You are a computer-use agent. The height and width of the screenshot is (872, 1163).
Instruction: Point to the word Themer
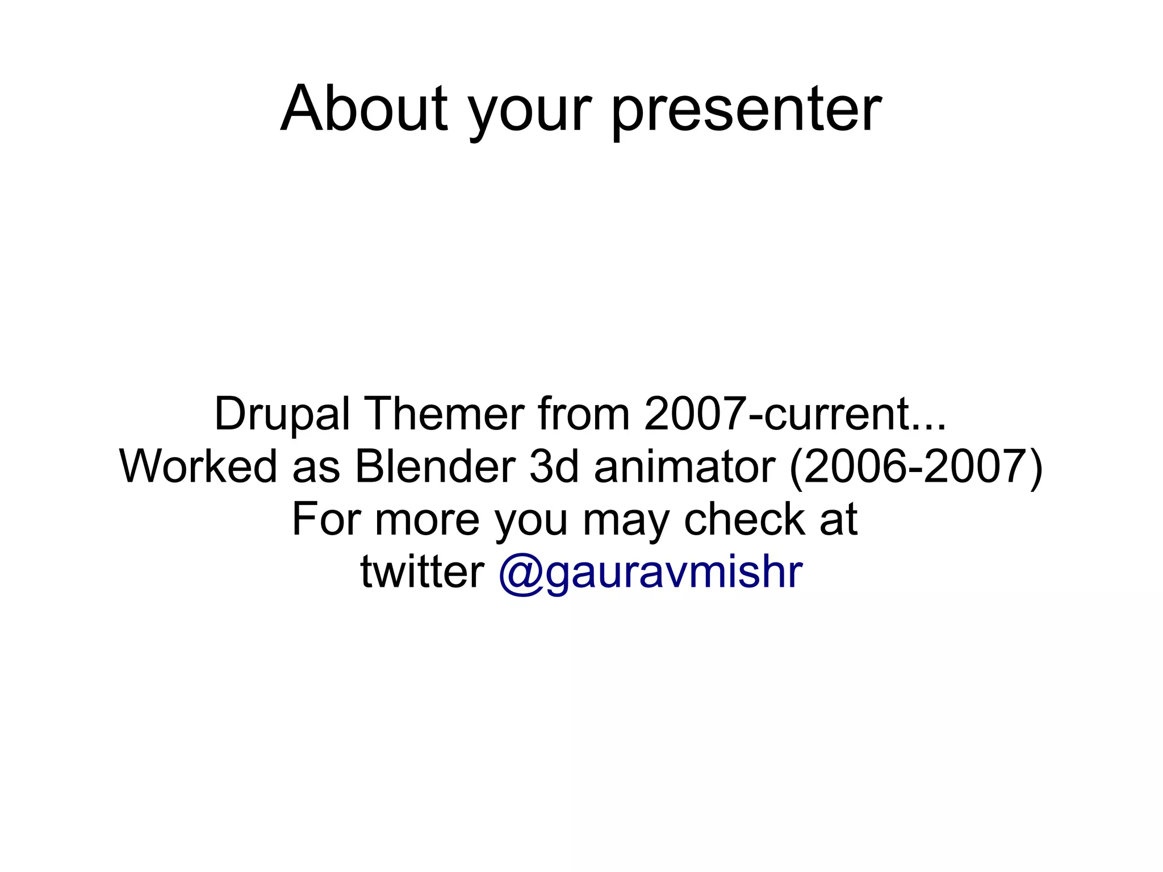tap(445, 414)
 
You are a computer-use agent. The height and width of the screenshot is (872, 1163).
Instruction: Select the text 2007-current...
tap(794, 414)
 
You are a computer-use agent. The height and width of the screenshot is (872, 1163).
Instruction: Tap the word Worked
tap(199, 466)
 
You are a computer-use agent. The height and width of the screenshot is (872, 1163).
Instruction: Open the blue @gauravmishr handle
tap(651, 573)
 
